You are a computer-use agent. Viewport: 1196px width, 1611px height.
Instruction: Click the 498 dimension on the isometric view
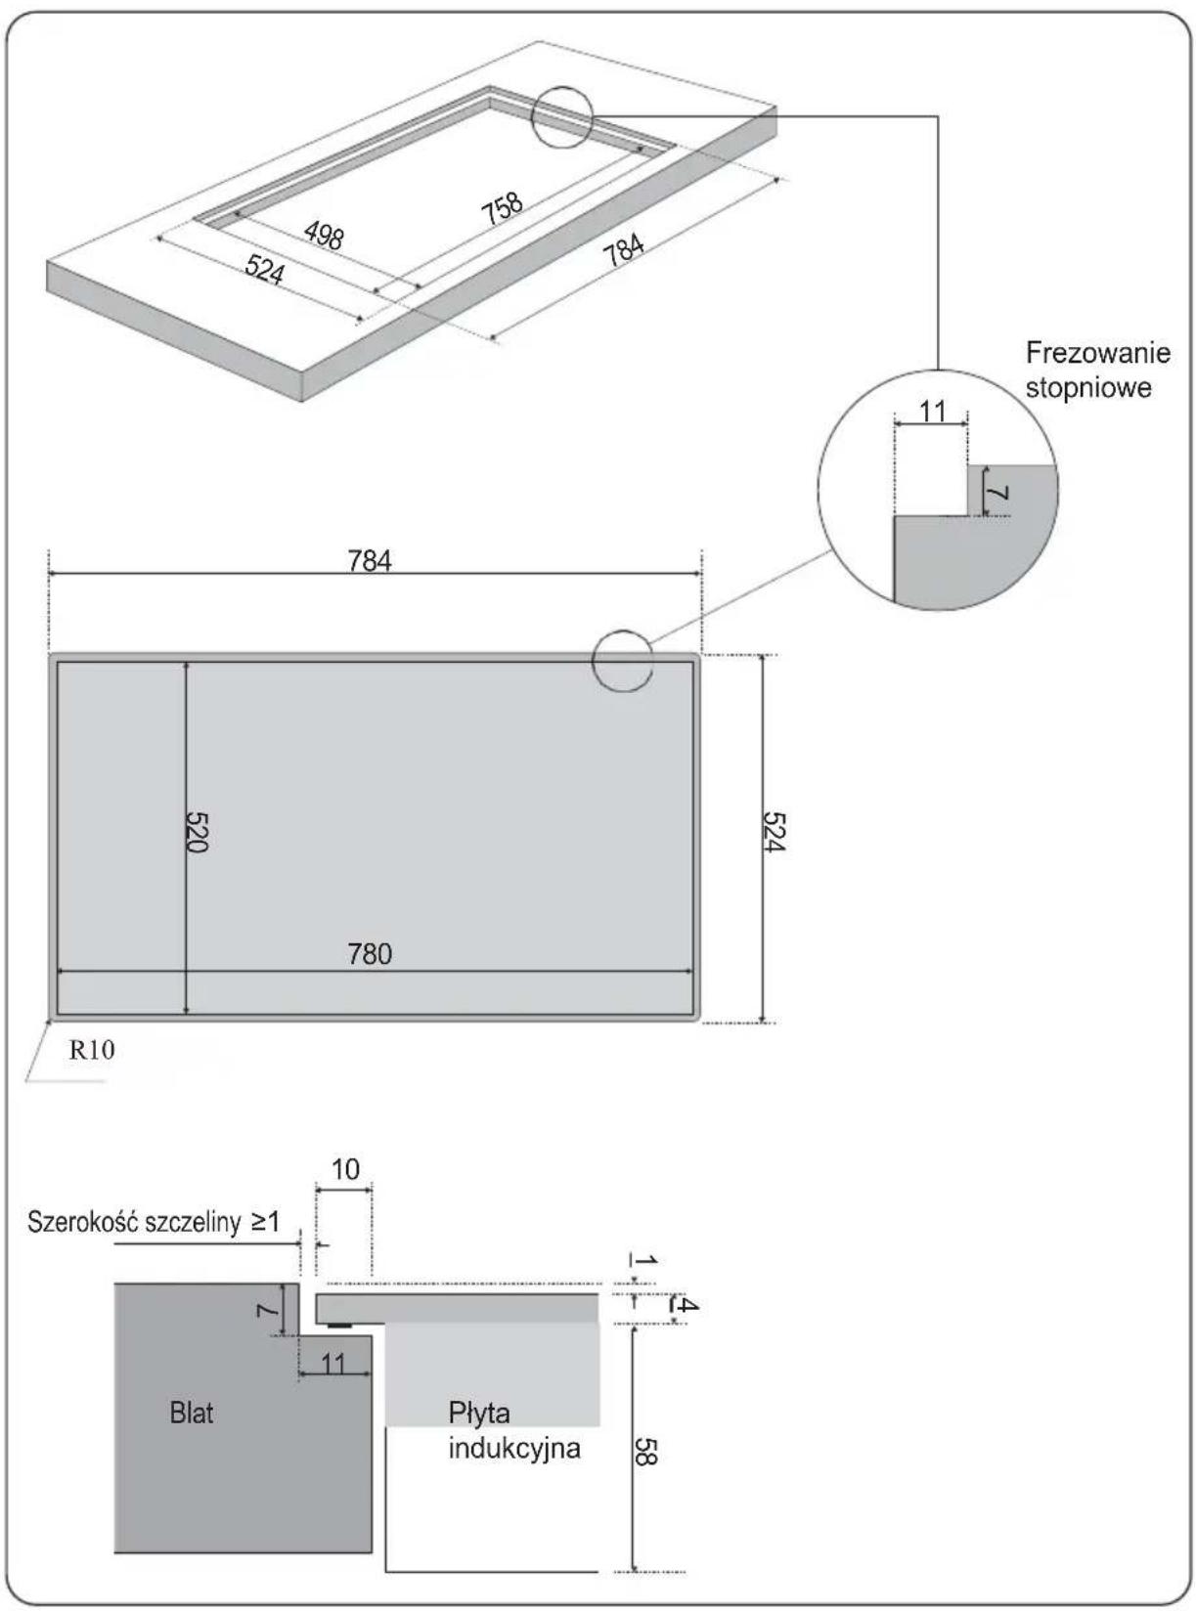324,236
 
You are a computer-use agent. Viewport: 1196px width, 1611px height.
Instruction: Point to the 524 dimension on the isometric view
264,270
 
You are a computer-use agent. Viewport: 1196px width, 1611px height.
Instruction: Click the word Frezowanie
1098,354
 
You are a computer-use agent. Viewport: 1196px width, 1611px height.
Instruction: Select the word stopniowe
1088,387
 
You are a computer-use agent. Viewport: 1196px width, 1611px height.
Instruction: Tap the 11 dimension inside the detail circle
932,412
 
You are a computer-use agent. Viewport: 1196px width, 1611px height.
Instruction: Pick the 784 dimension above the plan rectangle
370,561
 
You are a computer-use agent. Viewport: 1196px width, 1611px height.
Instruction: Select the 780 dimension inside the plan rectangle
370,954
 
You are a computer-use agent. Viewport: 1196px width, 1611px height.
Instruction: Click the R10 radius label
92,1050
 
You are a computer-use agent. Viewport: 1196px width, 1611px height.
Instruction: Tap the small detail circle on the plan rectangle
623,661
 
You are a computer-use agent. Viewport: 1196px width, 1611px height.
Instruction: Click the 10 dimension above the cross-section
345,1169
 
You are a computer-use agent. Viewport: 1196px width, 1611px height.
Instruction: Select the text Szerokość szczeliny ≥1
154,1222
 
